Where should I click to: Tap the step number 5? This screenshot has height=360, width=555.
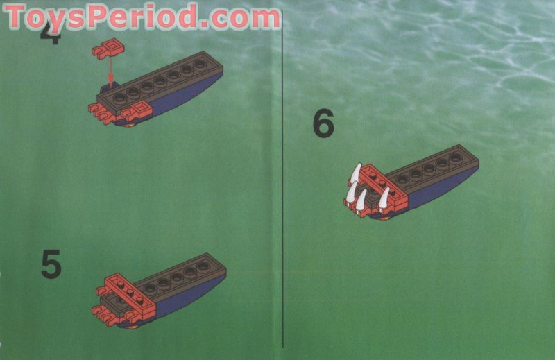tap(51, 264)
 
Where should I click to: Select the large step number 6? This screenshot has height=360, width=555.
tap(323, 125)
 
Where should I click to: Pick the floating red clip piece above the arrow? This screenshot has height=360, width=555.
tap(104, 49)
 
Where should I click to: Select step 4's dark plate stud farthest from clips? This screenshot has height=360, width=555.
tap(200, 65)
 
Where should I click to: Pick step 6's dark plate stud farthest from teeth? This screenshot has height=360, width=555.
tap(456, 157)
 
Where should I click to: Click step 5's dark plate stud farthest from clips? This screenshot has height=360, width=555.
tap(203, 266)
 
